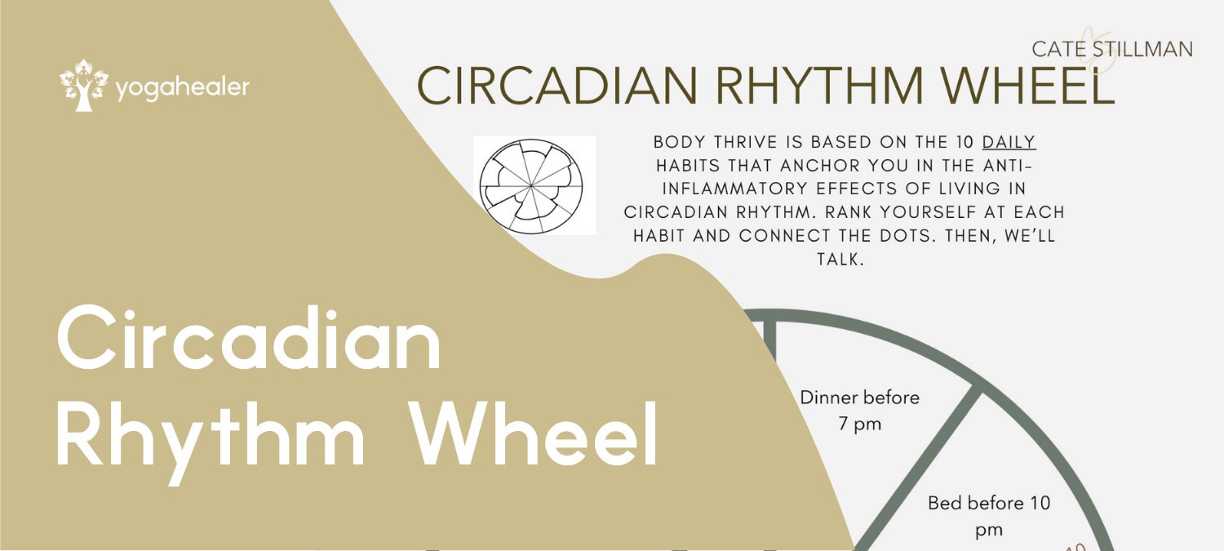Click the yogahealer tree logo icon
(x=83, y=85)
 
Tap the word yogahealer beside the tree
(x=183, y=88)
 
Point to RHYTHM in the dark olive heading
(x=819, y=86)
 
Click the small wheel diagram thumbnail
(x=531, y=186)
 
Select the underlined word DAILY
(x=1009, y=142)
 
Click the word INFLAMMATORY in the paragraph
(x=735, y=189)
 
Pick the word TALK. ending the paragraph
(x=840, y=259)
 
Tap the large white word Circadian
(x=249, y=339)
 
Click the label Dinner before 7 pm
(x=859, y=411)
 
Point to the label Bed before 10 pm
(x=989, y=516)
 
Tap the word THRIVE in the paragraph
(x=745, y=142)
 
